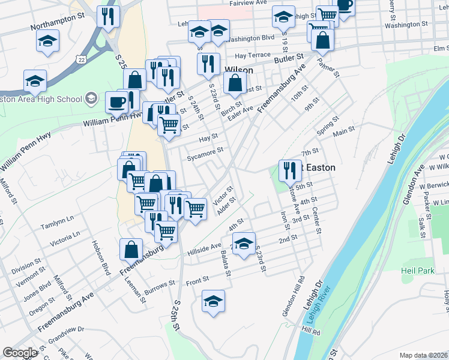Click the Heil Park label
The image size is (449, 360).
pyautogui.click(x=419, y=271)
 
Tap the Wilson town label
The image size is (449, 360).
pyautogui.click(x=238, y=70)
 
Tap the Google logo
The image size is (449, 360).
pyautogui.click(x=20, y=353)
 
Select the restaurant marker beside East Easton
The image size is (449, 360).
pyautogui.click(x=289, y=170)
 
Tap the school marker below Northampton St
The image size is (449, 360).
pyautogui.click(x=47, y=41)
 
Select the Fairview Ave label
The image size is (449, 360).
pyautogui.click(x=248, y=3)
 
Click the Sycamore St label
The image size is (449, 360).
pyautogui.click(x=205, y=154)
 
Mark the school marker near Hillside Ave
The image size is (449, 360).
pyautogui.click(x=243, y=244)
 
